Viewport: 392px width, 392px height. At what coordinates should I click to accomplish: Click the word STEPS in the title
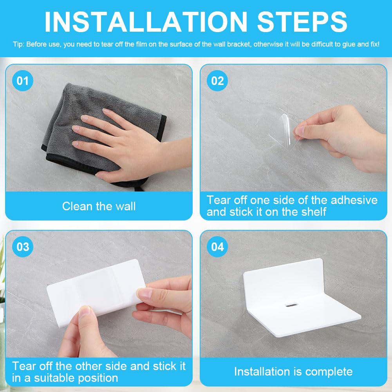[x=302, y=22]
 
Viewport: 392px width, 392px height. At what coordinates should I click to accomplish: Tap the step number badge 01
[x=22, y=81]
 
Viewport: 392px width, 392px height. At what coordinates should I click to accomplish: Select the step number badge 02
[x=217, y=81]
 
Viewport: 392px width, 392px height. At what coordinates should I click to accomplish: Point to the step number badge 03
[x=22, y=247]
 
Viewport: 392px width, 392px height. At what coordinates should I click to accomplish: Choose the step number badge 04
[x=217, y=247]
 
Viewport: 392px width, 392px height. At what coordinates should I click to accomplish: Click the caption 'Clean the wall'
[x=99, y=206]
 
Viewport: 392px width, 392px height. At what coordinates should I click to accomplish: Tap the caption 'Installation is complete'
[x=293, y=372]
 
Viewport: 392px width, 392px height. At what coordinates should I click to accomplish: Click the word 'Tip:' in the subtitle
[x=18, y=45]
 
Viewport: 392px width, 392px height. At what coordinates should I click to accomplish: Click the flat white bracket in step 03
[x=96, y=293]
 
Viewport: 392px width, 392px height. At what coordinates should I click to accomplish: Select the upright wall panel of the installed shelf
[x=282, y=284]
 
